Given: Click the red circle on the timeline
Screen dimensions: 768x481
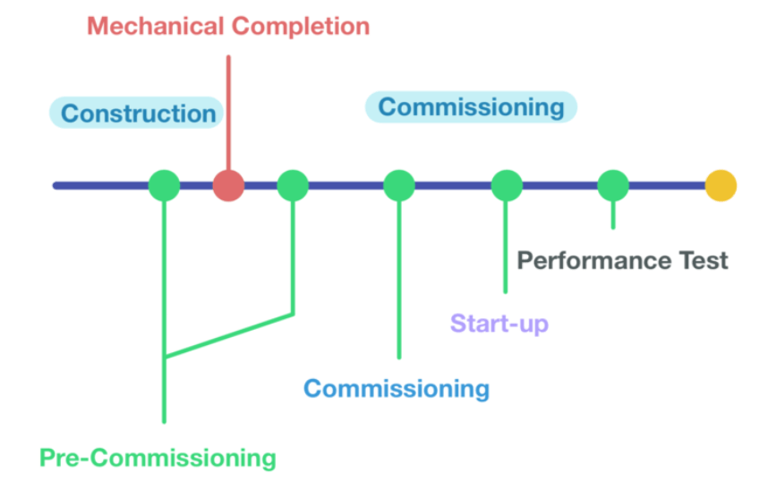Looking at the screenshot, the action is pyautogui.click(x=228, y=185).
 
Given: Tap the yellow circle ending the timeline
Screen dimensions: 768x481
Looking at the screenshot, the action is pyautogui.click(x=721, y=185).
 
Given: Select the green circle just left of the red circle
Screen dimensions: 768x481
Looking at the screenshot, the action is pyautogui.click(x=164, y=185).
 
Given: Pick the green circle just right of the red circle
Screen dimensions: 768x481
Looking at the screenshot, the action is pyautogui.click(x=293, y=185).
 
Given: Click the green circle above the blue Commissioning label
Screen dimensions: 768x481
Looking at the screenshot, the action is pyautogui.click(x=399, y=185).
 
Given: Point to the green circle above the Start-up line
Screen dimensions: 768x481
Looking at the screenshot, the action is pyautogui.click(x=507, y=185).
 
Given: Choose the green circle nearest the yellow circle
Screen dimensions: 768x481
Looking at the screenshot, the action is pyautogui.click(x=613, y=185).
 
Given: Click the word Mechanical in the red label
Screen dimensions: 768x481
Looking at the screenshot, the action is pyautogui.click(x=155, y=26).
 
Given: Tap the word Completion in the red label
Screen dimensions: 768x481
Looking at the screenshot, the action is pyautogui.click(x=301, y=27).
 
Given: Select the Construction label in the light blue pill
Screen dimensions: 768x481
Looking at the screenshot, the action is pyautogui.click(x=138, y=114).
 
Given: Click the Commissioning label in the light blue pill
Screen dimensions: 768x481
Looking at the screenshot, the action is pyautogui.click(x=471, y=107).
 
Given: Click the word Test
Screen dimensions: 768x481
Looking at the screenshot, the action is pyautogui.click(x=703, y=260).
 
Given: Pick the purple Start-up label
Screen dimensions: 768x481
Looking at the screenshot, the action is pyautogui.click(x=499, y=324).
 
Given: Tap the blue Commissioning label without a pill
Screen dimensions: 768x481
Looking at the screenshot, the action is pyautogui.click(x=397, y=390).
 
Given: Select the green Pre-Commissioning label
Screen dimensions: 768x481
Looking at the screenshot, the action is pyautogui.click(x=158, y=459).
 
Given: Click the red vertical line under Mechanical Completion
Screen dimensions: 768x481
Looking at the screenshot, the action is pyautogui.click(x=228, y=113).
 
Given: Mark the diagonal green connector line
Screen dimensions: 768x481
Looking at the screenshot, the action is pyautogui.click(x=229, y=335).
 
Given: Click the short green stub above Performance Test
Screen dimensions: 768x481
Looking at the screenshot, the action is pyautogui.click(x=613, y=215).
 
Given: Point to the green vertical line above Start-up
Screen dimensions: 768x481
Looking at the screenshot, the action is pyautogui.click(x=506, y=247).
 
